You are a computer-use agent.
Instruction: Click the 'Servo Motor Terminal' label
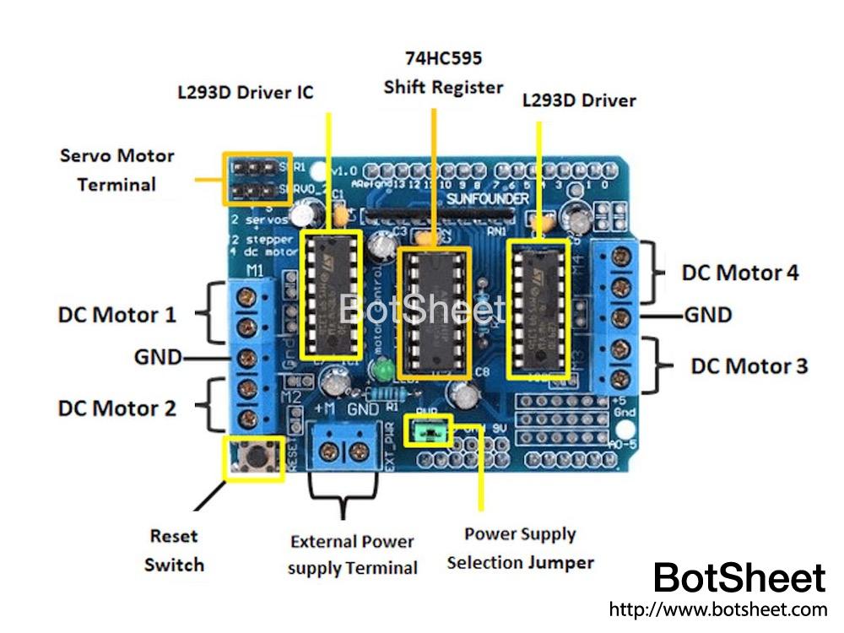[x=116, y=170]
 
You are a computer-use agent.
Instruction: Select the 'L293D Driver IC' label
[x=245, y=92]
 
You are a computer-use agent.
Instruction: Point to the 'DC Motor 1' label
[x=117, y=315]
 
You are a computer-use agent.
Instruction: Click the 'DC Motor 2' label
[x=117, y=408]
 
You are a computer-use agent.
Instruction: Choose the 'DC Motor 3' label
[x=749, y=366]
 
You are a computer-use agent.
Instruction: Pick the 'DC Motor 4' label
[x=739, y=273]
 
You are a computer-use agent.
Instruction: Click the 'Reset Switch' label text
[x=174, y=549]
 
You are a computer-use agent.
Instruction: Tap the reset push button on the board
[x=252, y=458]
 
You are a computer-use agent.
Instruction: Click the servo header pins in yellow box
[x=257, y=179]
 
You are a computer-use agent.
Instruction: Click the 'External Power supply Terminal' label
[x=352, y=555]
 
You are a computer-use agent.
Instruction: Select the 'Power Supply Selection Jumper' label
[x=520, y=548]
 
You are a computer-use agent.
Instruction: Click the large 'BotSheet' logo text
[x=739, y=579]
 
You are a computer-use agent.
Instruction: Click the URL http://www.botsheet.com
[x=717, y=609]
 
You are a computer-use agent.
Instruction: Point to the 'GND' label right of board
[x=707, y=316]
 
